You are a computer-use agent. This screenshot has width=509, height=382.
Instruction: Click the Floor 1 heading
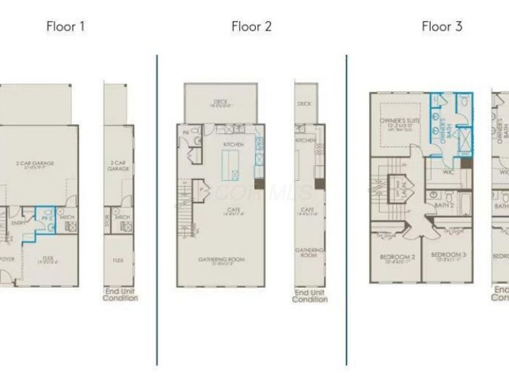tap(66, 26)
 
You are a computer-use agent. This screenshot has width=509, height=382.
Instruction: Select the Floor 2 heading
tap(251, 26)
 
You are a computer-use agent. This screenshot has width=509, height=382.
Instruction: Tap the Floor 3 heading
tap(442, 26)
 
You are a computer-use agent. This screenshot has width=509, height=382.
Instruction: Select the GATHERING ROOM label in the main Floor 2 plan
tap(221, 260)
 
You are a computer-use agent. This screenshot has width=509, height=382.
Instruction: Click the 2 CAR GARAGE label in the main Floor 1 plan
tap(35, 164)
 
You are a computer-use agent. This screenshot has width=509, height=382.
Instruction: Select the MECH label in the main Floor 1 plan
tap(68, 216)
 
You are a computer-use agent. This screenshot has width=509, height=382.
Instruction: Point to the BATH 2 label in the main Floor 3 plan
tap(443, 206)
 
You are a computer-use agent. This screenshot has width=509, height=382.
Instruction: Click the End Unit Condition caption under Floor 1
tap(120, 295)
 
